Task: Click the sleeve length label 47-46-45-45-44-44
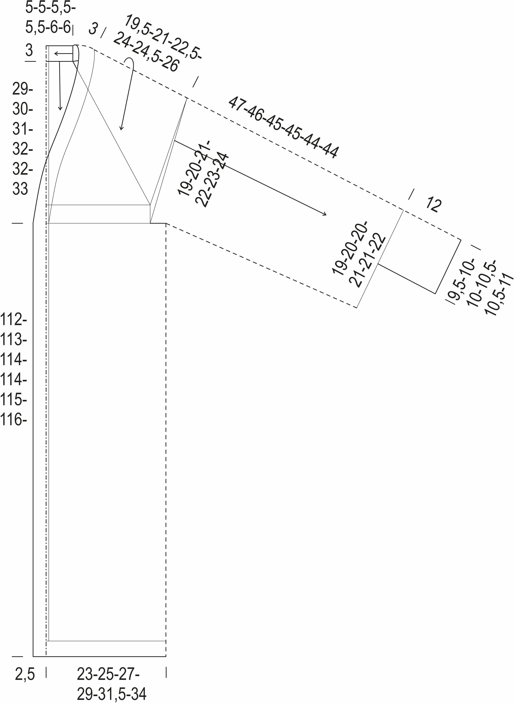click(283, 128)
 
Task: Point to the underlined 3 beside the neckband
click(29, 50)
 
